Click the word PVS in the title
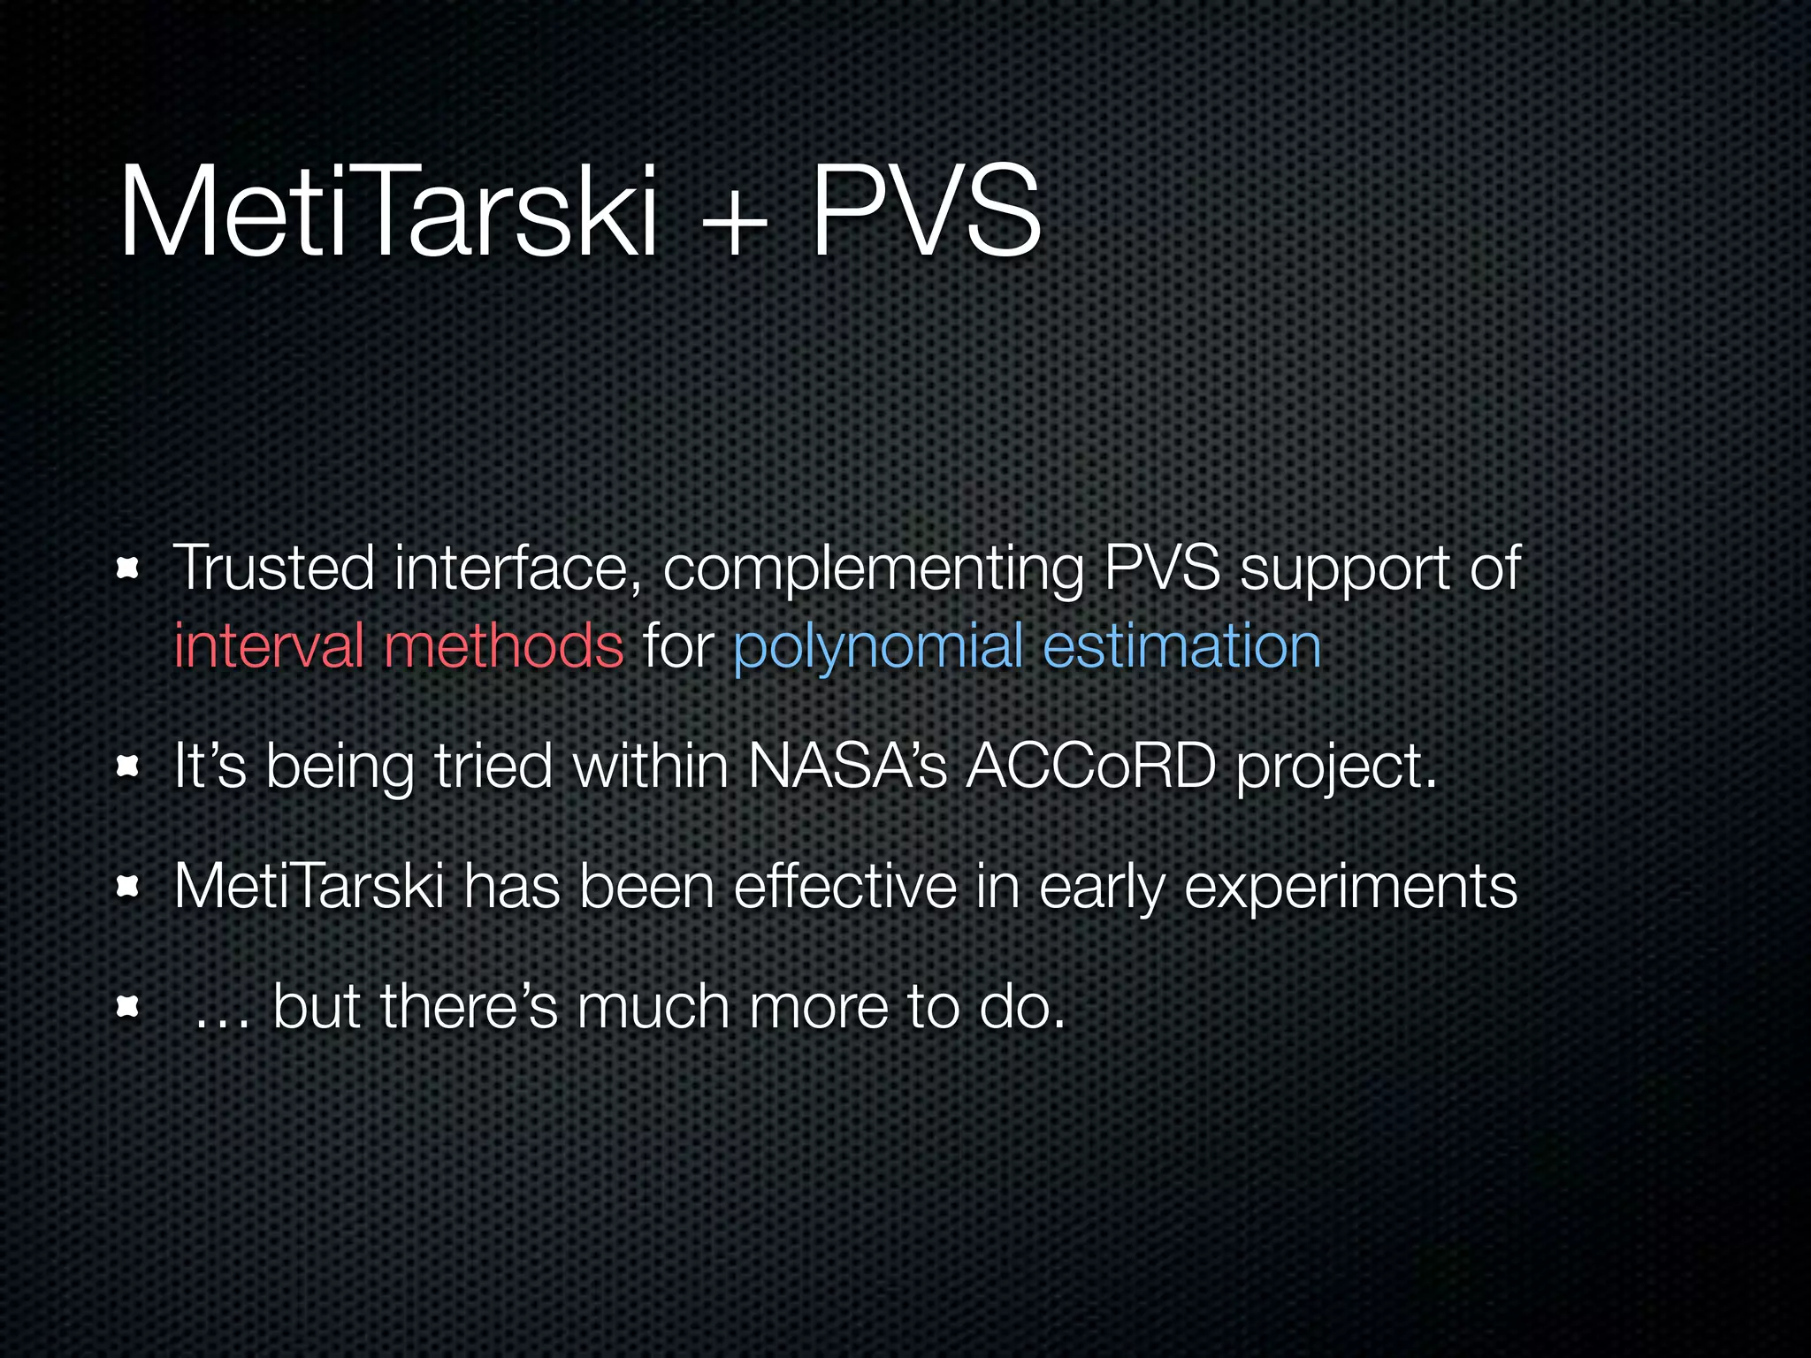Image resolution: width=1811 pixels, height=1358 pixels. click(925, 212)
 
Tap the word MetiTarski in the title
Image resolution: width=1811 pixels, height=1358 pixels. click(388, 212)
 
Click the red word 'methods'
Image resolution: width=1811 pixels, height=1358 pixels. click(504, 645)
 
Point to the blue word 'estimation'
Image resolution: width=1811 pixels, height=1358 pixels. click(1181, 645)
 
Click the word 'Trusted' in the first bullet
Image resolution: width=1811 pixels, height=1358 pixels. click(273, 567)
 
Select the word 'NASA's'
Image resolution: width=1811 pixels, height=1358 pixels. click(847, 766)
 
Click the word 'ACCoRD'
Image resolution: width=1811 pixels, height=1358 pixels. click(1091, 766)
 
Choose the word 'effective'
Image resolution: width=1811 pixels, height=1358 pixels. click(844, 886)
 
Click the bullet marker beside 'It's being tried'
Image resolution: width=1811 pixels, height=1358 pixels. click(129, 767)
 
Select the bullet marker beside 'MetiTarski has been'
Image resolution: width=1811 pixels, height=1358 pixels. click(129, 887)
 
